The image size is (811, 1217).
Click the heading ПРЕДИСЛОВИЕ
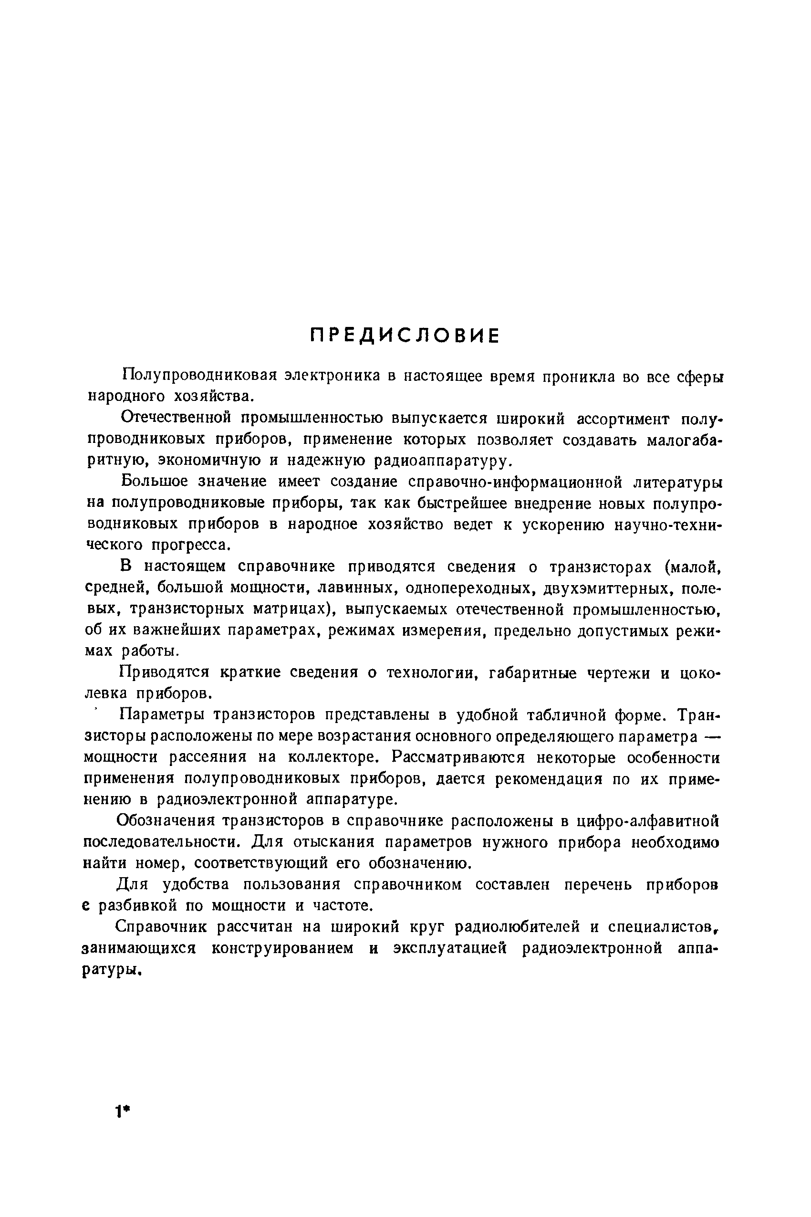tap(405, 336)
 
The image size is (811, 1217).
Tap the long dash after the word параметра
tap(713, 736)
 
